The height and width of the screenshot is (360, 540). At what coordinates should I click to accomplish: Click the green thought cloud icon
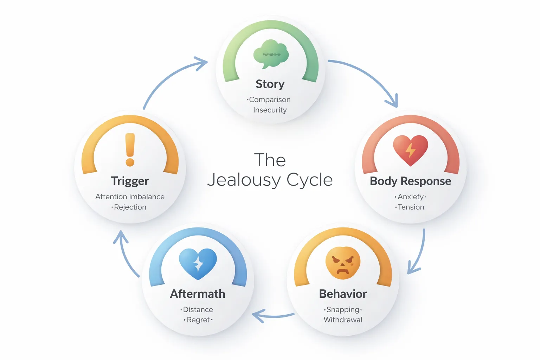[271, 54]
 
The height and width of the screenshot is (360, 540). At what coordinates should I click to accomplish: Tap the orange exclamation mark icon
[130, 149]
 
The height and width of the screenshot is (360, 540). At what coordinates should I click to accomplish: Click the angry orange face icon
[343, 263]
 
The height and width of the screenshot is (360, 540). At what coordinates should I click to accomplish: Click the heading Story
[270, 84]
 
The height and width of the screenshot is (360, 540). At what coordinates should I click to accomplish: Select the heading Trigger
[130, 181]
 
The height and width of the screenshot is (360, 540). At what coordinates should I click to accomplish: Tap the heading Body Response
[410, 181]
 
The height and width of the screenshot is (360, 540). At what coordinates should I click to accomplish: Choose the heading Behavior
[343, 294]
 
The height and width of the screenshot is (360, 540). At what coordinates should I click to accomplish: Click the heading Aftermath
[198, 294]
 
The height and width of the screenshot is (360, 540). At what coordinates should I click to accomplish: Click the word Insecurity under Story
[270, 110]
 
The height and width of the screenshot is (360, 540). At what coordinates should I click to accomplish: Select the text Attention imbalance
[130, 197]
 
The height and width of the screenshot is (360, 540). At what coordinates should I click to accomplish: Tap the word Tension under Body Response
[411, 207]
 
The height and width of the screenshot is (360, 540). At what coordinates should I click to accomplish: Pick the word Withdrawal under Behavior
[343, 320]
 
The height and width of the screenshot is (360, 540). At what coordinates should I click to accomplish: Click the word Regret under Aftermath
[198, 320]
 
